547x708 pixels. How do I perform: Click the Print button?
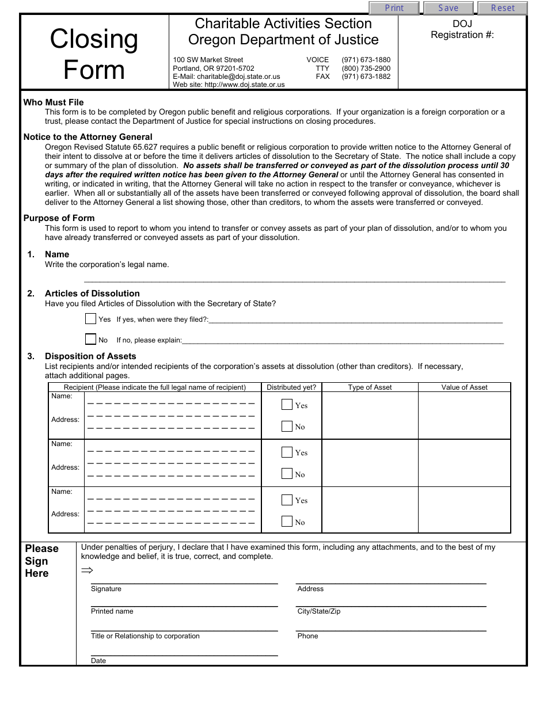tap(394, 8)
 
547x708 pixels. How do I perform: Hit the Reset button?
tap(503, 8)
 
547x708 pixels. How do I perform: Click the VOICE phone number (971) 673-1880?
tap(366, 60)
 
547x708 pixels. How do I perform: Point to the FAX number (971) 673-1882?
tap(366, 77)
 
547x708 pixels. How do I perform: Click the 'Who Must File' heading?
tap(54, 102)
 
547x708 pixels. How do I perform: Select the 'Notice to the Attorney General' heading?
tap(88, 137)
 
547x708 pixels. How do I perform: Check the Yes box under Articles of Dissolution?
tap(90, 319)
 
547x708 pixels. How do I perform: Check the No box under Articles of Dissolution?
tap(90, 340)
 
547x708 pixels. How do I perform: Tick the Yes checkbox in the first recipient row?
tap(287, 405)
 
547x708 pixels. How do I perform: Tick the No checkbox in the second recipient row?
tap(287, 474)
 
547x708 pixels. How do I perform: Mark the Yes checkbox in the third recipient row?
tap(287, 500)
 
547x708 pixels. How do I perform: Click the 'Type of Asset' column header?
tap(370, 387)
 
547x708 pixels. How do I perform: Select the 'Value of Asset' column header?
tap(464, 387)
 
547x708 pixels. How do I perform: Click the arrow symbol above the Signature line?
tap(87, 570)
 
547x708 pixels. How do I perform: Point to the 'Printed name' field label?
tap(112, 611)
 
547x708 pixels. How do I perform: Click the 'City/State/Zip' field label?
tap(318, 611)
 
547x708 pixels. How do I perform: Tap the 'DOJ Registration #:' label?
tap(462, 29)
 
